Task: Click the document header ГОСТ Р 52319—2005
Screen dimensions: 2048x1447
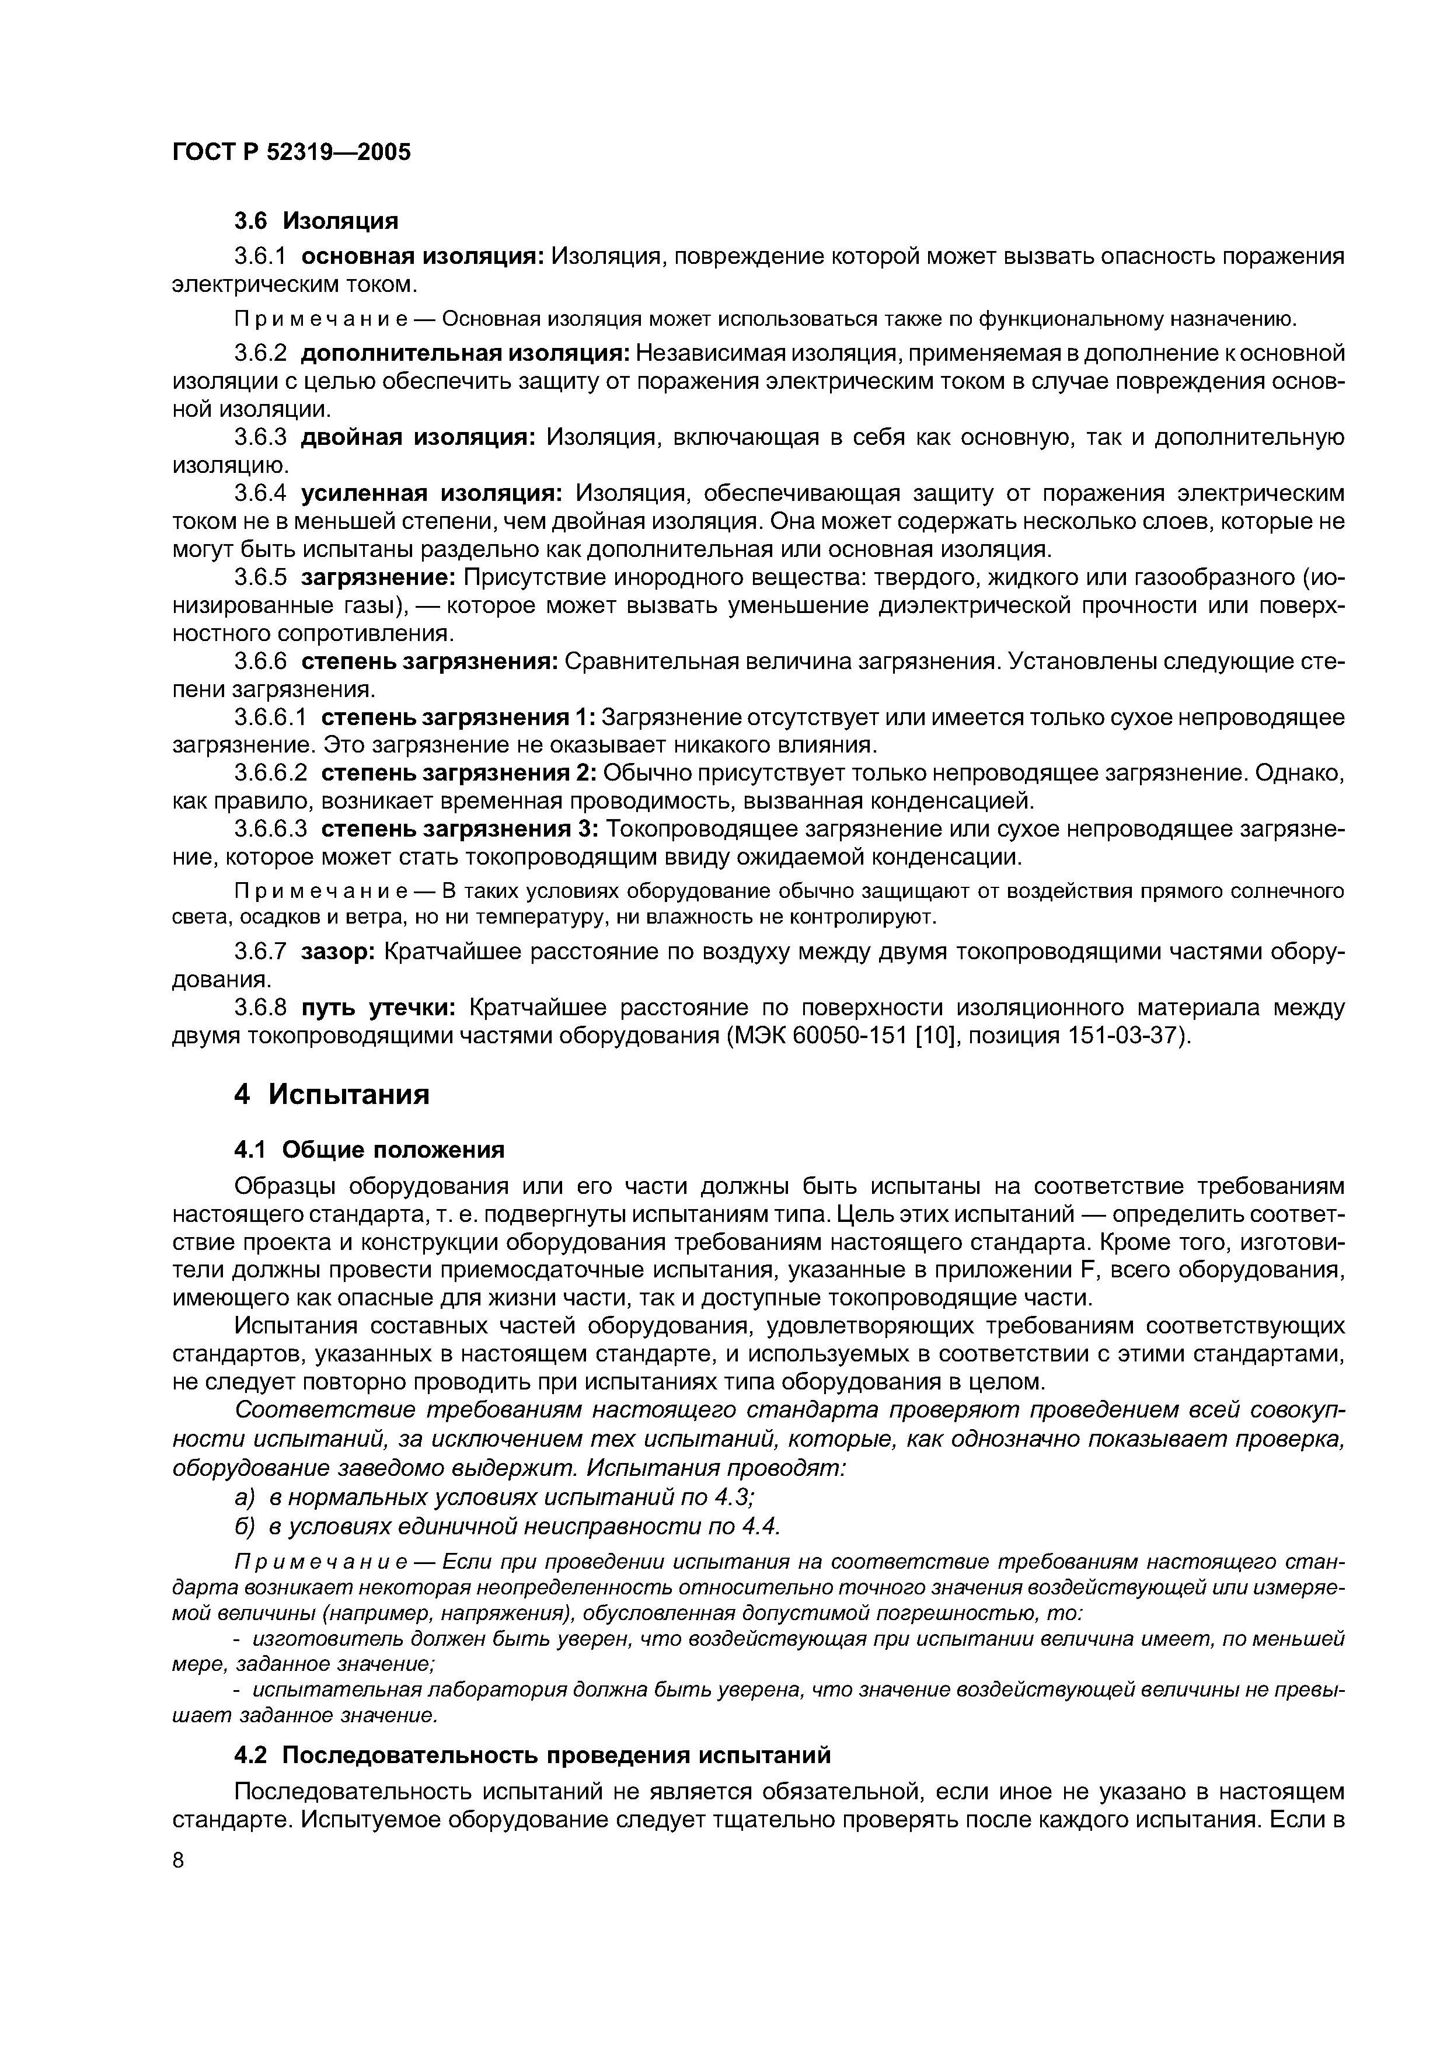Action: tap(291, 152)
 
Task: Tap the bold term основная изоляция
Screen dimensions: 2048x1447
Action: tap(423, 257)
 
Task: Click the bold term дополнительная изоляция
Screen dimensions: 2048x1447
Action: tap(465, 353)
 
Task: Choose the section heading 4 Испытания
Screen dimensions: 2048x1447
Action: tap(332, 1095)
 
